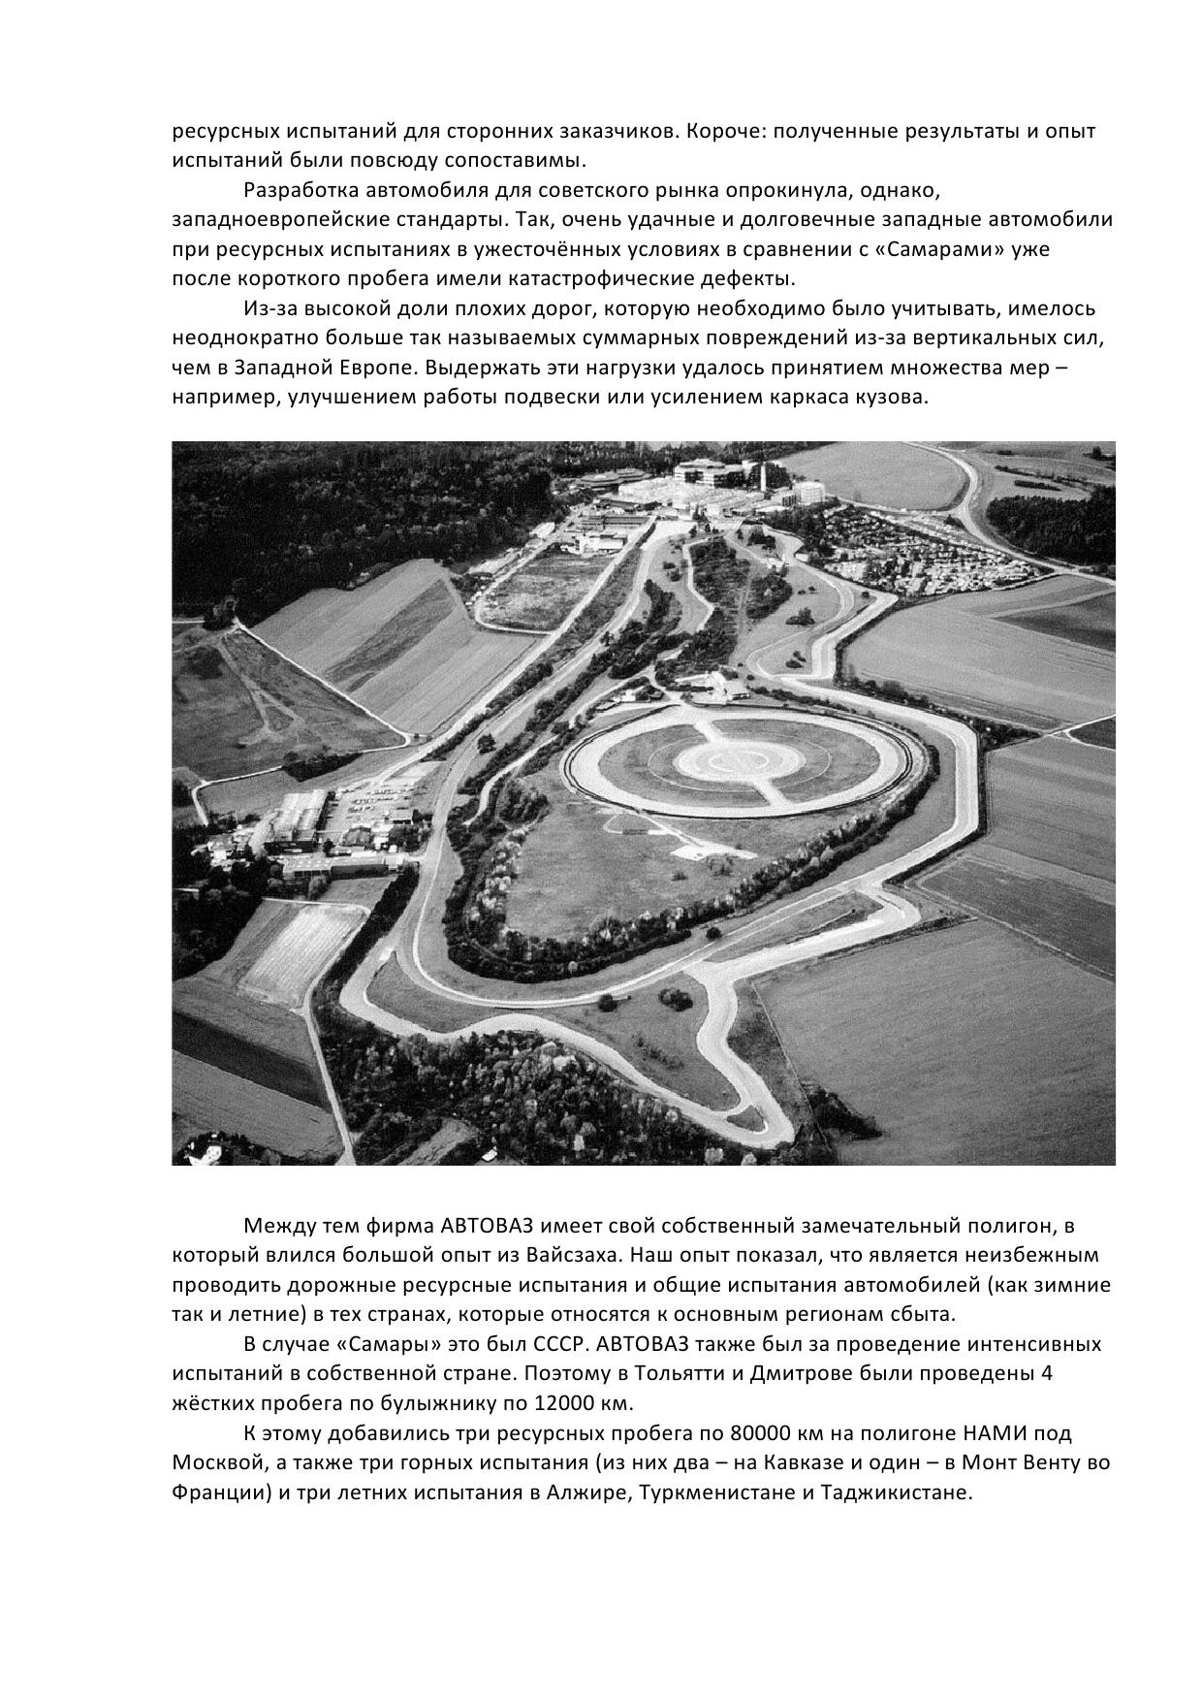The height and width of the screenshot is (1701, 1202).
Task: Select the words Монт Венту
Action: [x=1029, y=1462]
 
